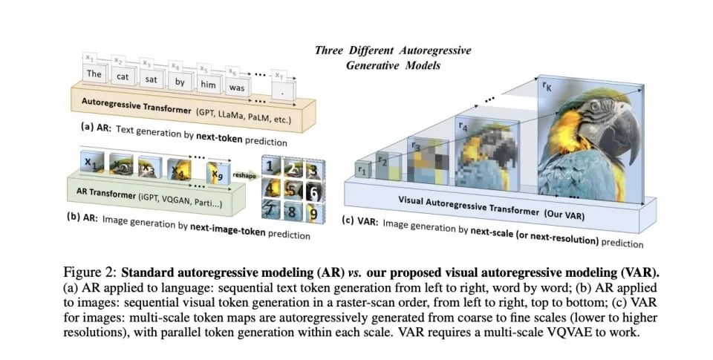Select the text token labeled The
(94, 74)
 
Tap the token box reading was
(237, 87)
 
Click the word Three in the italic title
(330, 50)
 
